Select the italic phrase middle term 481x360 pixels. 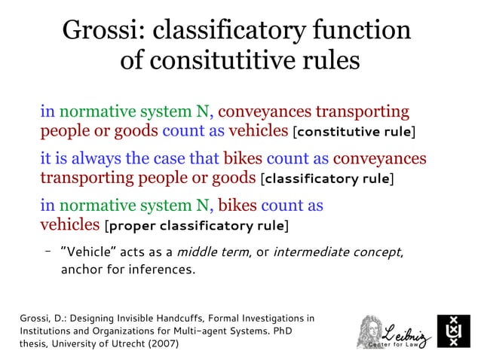click(210, 252)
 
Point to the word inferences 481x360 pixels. click(164, 270)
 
